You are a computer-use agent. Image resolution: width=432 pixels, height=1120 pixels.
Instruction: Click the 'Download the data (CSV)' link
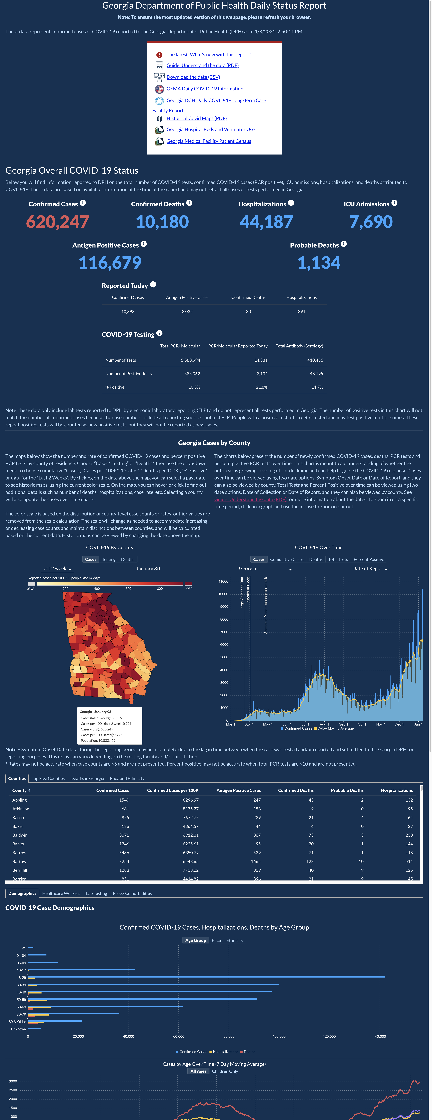193,77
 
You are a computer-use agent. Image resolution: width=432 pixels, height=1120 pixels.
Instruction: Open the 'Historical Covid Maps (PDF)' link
197,118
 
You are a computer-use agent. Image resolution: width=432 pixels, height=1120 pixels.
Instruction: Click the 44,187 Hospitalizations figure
266,222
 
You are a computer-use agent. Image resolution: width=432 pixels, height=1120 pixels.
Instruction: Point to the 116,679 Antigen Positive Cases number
110,263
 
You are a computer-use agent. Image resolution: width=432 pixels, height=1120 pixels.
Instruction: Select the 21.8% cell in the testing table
261,387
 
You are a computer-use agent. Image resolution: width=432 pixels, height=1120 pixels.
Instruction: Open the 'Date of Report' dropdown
370,569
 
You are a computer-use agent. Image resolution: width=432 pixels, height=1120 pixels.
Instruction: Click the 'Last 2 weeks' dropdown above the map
57,569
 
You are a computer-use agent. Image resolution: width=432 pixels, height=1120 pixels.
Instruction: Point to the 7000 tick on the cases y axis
224,632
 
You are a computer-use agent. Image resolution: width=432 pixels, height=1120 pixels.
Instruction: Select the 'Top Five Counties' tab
48,778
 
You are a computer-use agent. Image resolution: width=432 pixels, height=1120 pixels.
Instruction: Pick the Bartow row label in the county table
19,861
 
